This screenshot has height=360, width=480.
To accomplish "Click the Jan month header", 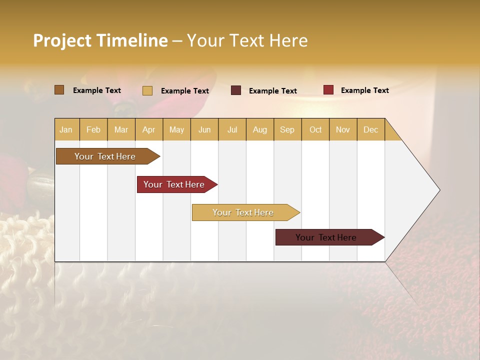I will [66, 129].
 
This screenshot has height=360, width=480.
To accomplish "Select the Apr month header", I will [148, 129].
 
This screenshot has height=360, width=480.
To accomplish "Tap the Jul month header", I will [232, 129].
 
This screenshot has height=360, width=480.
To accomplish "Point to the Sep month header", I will [287, 129].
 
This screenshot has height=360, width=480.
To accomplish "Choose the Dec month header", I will [370, 129].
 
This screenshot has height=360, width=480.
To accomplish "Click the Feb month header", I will [93, 129].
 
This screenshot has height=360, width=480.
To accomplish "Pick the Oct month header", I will [315, 129].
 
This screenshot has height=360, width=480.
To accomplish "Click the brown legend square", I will [59, 90].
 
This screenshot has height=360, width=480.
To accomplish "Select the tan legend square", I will [147, 90].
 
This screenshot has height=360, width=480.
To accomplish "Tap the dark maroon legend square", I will [236, 90].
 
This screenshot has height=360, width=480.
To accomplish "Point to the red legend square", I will [328, 90].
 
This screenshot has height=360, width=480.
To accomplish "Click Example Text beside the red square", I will [364, 90].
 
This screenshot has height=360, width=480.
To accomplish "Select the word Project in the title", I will [62, 40].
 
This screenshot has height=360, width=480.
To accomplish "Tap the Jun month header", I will [204, 129].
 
